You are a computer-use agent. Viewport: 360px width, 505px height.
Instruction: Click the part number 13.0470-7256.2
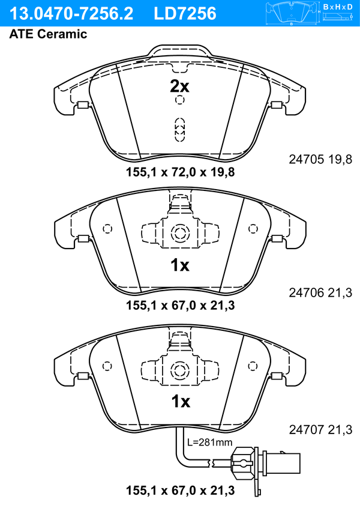pos(71,14)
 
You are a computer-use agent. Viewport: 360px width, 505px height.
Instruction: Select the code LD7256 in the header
pos(185,14)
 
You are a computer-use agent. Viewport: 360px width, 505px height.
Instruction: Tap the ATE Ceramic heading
pos(48,34)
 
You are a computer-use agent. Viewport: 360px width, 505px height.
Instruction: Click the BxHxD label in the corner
pos(338,7)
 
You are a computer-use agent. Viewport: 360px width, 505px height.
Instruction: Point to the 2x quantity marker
pos(179,86)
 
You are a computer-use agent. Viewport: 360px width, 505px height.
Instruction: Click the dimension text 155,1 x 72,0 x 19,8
pos(180,172)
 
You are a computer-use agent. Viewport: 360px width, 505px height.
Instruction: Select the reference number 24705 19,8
pos(320,159)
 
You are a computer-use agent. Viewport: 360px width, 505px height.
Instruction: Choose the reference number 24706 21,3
pos(320,293)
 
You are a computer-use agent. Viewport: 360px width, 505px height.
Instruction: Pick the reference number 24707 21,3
pos(320,429)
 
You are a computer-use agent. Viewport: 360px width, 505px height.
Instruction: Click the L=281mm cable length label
pos(209,442)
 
